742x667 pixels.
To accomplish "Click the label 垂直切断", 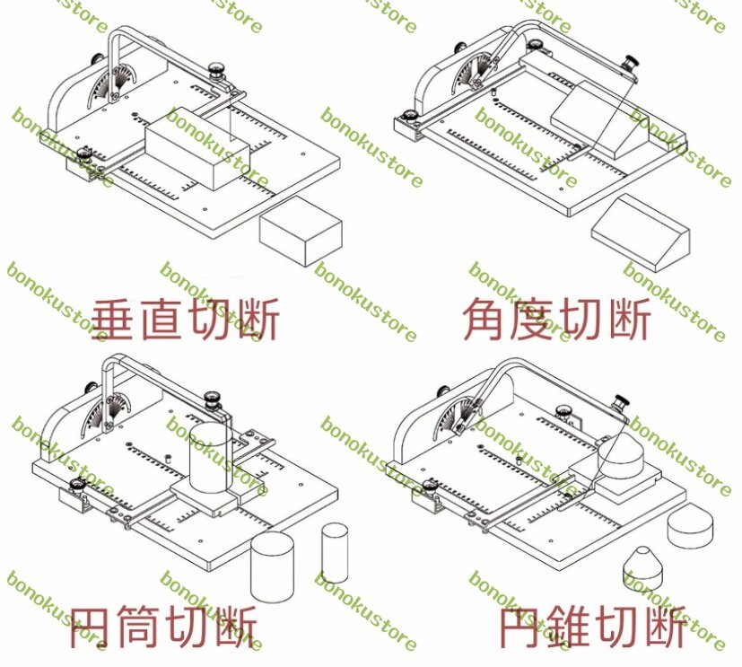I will coord(186,320).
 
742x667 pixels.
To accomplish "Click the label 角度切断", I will coord(556,320).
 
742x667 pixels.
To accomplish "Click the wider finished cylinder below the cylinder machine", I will coord(273,566).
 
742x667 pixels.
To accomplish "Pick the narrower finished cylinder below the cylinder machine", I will coord(334,553).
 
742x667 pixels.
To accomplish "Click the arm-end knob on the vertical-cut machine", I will coord(215,69).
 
